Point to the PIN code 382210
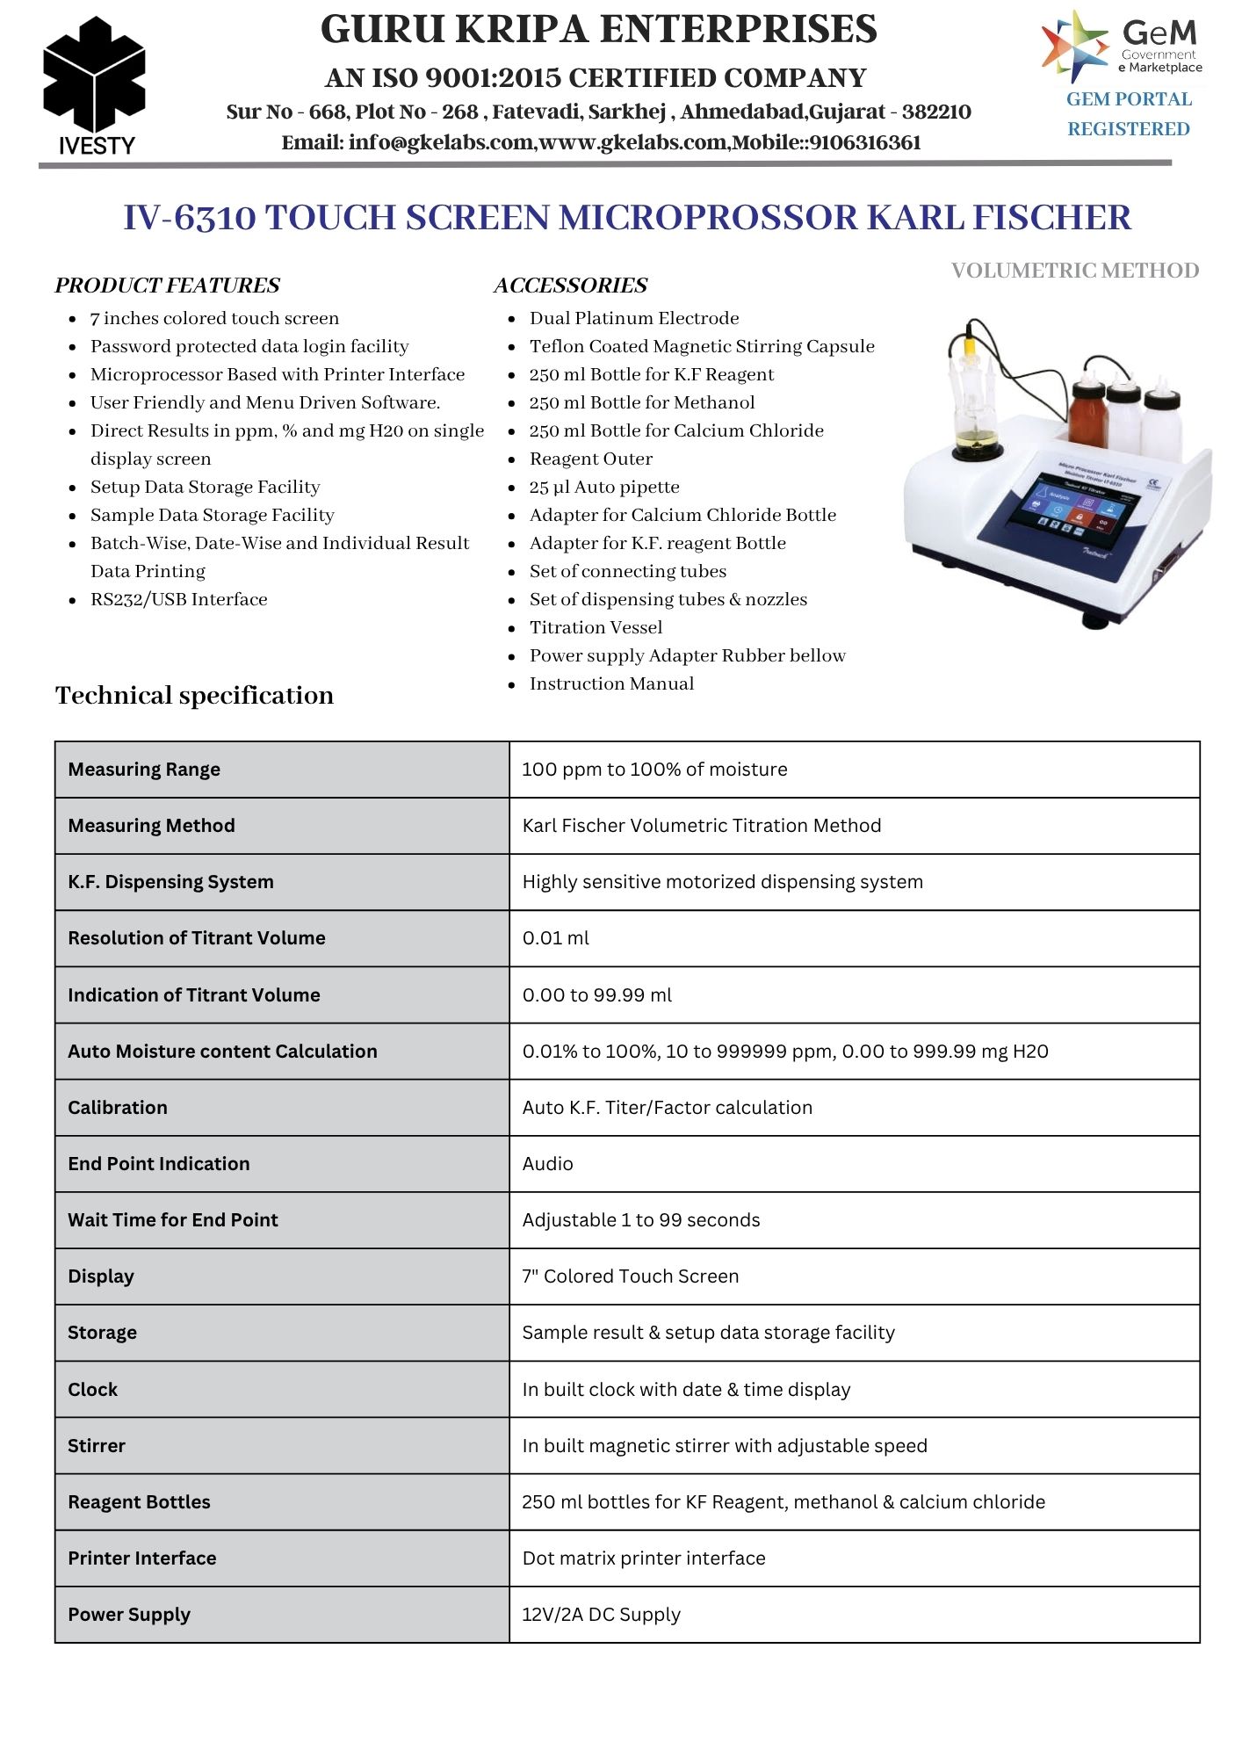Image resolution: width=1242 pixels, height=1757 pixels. pos(936,112)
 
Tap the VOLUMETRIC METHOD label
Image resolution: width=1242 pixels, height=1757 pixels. pos(1074,271)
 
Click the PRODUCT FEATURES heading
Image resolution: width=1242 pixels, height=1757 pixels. pos(167,286)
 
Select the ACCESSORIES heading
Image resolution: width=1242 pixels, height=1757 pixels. pos(570,286)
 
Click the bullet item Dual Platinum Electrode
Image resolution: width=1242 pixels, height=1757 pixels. pos(633,318)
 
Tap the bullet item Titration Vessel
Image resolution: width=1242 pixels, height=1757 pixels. pos(596,627)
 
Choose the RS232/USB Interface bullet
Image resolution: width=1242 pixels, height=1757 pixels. pos(178,599)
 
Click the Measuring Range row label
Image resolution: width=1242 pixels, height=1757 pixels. pos(144,770)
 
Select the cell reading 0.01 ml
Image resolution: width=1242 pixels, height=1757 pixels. pos(555,938)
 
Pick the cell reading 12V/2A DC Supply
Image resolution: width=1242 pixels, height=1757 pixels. pos(601,1615)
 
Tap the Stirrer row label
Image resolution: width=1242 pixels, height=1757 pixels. pos(97,1446)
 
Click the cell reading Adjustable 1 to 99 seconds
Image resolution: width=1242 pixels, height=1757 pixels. pos(640,1220)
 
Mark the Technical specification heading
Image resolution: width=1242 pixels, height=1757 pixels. pos(194,696)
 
